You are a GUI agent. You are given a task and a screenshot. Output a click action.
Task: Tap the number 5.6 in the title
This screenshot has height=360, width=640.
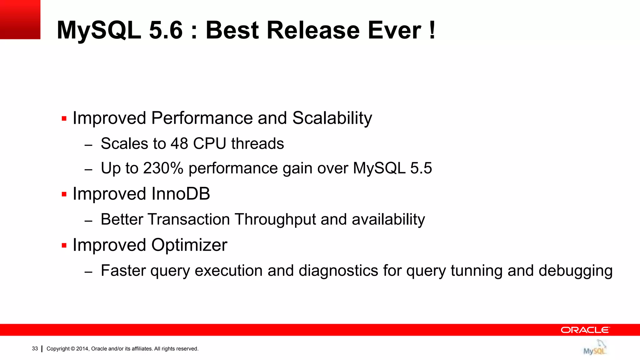pos(166,30)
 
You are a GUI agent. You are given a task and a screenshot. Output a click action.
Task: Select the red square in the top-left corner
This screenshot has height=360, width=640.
pos(20,19)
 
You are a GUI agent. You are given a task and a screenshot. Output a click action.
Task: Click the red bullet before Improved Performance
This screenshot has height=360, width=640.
pos(64,118)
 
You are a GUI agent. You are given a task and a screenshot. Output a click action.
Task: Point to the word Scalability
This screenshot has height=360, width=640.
pos(332,118)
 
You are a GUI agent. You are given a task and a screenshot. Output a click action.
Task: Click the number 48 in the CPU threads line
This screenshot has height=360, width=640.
pos(179,144)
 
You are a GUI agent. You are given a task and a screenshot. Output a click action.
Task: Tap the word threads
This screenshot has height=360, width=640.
pos(257,144)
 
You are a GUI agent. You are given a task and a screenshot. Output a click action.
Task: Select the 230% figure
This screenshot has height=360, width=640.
pos(163,168)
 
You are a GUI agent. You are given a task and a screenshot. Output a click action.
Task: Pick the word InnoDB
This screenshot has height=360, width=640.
pos(181,194)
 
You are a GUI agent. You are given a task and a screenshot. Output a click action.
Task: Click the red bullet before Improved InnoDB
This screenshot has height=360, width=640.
pos(64,194)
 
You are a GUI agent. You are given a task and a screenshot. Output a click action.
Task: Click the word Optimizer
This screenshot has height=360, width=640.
pos(189,245)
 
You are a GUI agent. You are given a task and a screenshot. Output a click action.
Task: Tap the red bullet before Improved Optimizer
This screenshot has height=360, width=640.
pos(64,245)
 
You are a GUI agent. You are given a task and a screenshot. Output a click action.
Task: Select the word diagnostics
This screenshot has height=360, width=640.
pos(338,271)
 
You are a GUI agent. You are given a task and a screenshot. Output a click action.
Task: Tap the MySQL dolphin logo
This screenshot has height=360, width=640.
pos(595,348)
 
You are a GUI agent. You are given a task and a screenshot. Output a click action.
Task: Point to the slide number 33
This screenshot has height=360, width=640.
pos(35,349)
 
